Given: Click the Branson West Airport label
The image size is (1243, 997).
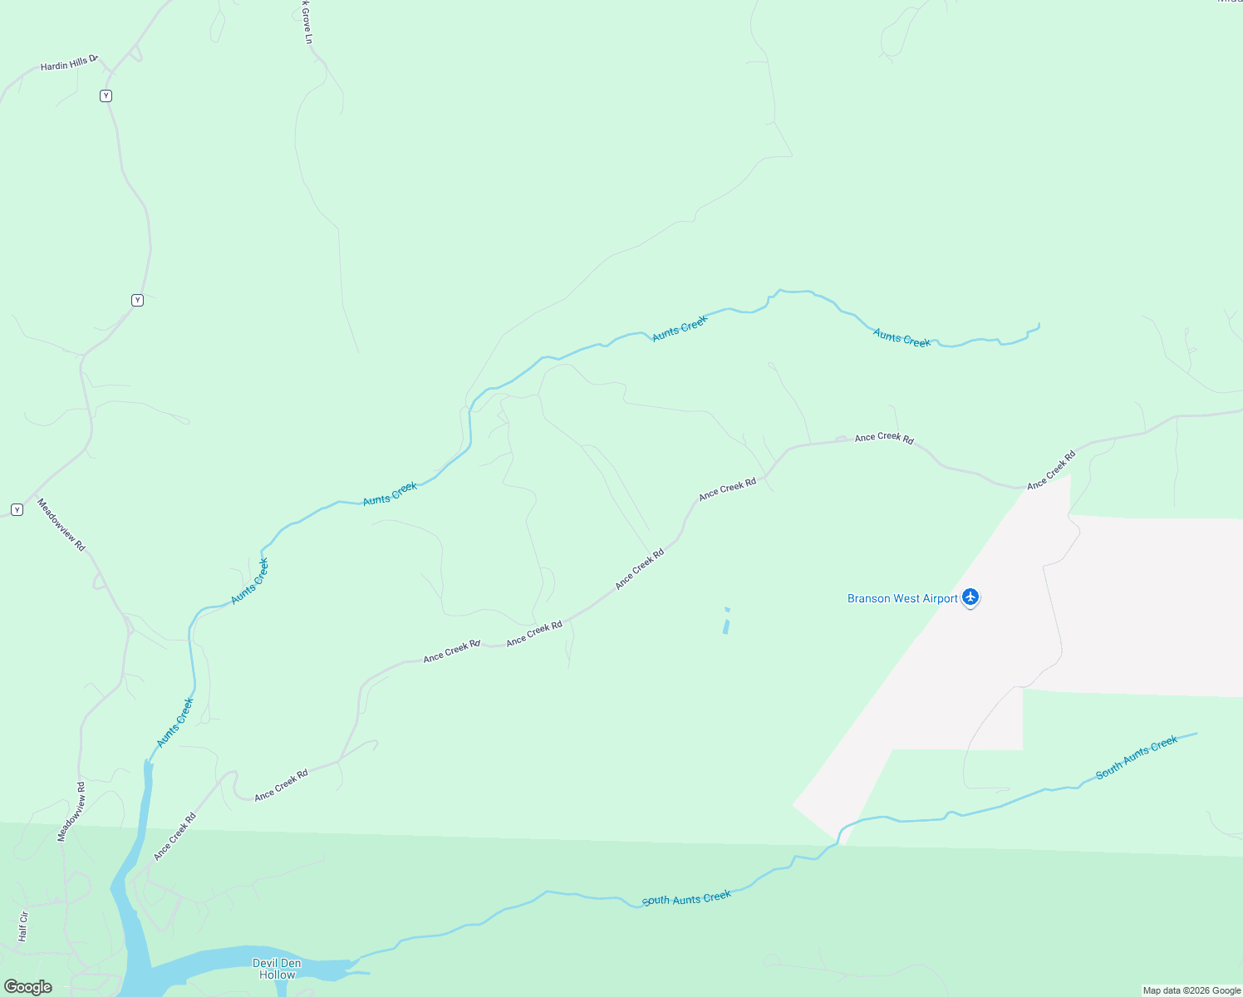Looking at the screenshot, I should point(902,598).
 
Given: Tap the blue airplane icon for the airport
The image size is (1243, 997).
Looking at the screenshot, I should point(970,597).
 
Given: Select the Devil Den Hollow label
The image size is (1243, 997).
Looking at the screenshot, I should point(277,969).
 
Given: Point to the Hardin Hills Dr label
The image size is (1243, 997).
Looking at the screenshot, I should point(70,63).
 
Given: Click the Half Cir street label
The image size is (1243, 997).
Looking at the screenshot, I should point(23,926).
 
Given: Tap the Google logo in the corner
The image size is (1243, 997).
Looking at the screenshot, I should point(28,987).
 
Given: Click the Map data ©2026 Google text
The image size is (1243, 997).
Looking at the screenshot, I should point(1191,990).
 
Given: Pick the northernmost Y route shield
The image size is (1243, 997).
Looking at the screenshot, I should point(106,96).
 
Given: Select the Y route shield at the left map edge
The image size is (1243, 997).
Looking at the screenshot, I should point(17,509).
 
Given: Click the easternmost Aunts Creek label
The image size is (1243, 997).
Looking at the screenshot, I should point(902,338).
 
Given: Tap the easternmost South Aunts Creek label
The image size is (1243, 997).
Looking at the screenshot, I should point(1136,758).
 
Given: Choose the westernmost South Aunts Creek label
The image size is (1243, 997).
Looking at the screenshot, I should point(686,898).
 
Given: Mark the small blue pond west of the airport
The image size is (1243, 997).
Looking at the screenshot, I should point(727,621).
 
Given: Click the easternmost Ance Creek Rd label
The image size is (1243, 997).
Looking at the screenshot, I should point(1051,470).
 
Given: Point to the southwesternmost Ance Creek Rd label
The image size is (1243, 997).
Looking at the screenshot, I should point(174,837).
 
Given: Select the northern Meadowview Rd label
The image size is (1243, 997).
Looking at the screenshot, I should point(61,525).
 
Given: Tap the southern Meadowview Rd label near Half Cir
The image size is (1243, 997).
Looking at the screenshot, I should point(71,812).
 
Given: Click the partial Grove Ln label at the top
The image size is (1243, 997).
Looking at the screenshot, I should point(307,21).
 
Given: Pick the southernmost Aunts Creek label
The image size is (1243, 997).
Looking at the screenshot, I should point(175,722).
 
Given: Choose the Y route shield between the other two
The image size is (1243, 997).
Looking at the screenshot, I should point(138,300).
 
